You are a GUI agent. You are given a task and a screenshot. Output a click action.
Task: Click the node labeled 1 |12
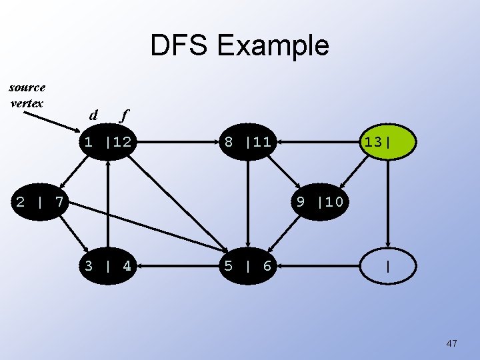[107, 142]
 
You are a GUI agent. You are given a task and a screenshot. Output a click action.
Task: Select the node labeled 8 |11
[247, 142]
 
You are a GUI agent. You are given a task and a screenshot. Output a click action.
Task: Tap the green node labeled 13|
[387, 142]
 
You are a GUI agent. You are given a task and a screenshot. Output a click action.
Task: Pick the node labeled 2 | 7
[39, 201]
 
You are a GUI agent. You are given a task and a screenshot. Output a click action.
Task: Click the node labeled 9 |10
[319, 201]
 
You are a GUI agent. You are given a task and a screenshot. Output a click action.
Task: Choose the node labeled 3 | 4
[107, 266]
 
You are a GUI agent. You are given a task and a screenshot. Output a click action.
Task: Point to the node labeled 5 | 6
[247, 266]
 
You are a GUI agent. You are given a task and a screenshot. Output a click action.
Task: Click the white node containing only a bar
[387, 266]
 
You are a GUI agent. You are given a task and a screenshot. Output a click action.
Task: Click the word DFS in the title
[179, 45]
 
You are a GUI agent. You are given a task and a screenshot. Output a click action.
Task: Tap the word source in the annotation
[27, 87]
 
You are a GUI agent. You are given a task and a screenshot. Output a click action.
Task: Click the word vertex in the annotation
[27, 103]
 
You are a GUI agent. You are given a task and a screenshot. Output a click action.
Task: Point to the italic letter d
[93, 115]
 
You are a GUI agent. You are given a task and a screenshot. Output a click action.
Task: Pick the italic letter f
[123, 115]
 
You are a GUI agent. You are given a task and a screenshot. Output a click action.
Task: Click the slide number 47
[451, 343]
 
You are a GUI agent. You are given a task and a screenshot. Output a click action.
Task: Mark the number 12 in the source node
[121, 142]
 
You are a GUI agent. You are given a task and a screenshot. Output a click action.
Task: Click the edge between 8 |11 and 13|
[317, 142]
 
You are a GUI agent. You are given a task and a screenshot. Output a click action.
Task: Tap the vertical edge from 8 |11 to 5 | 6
[247, 203]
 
